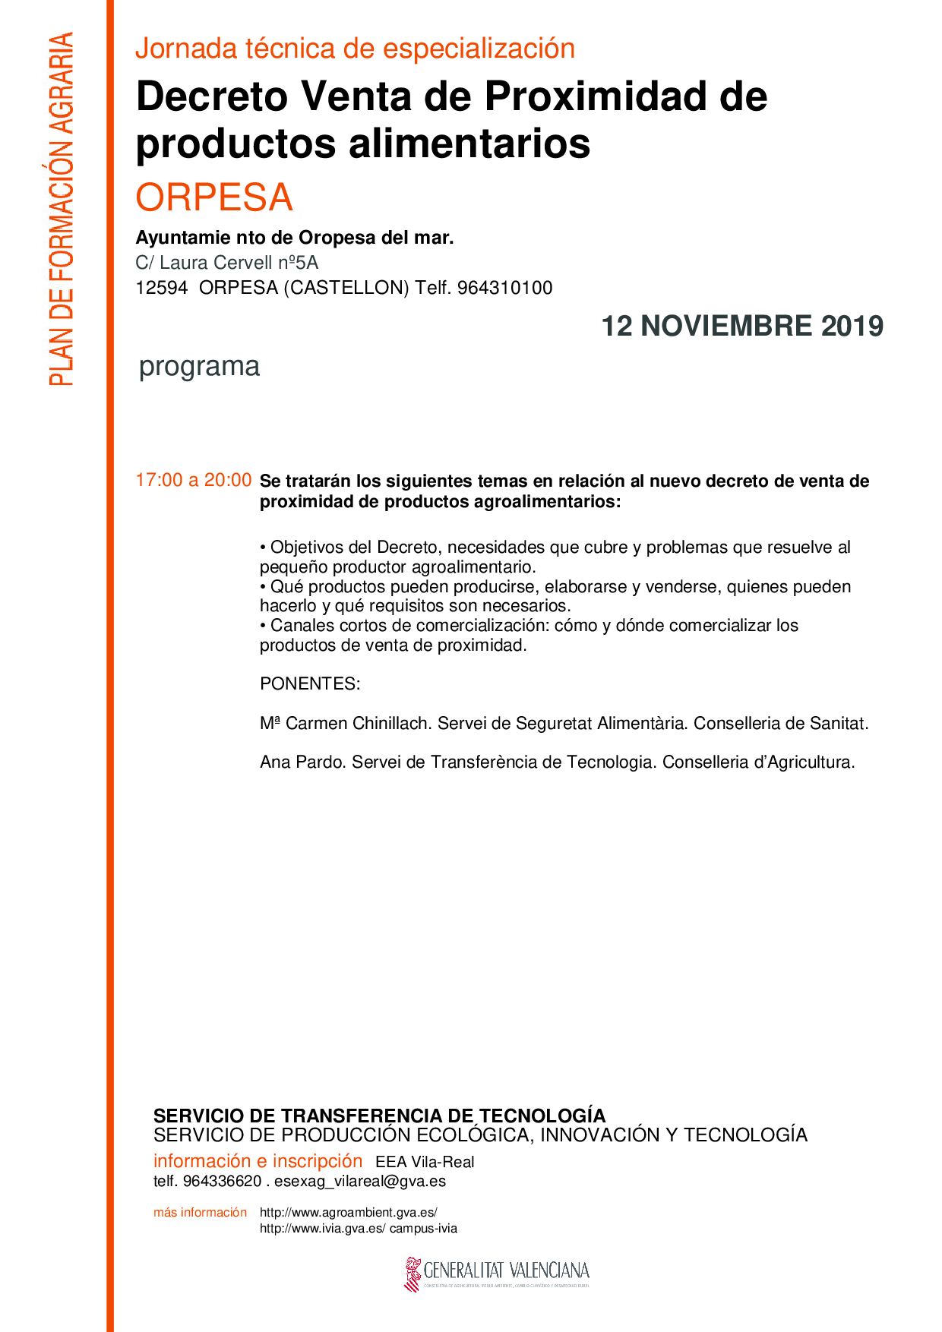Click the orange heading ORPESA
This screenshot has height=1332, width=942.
pyautogui.click(x=214, y=197)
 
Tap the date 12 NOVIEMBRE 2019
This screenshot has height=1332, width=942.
pyautogui.click(x=742, y=326)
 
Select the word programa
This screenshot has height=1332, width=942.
pyautogui.click(x=199, y=366)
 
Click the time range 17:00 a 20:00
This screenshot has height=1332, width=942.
pyautogui.click(x=193, y=480)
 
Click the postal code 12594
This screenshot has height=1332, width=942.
pyautogui.click(x=162, y=289)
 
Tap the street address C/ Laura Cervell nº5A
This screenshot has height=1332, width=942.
pyautogui.click(x=226, y=263)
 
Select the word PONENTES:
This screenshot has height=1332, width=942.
pyautogui.click(x=310, y=683)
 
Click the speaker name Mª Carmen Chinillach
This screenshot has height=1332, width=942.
pyautogui.click(x=346, y=724)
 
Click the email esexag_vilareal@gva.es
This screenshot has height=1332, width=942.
pyautogui.click(x=360, y=1182)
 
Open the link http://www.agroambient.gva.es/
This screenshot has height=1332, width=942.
pyautogui.click(x=349, y=1213)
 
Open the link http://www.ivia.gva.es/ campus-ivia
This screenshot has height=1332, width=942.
pyautogui.click(x=359, y=1229)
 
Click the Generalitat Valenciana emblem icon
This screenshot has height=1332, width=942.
pyautogui.click(x=413, y=1274)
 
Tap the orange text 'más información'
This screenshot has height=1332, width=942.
pyautogui.click(x=200, y=1213)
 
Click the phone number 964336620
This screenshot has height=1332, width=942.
pyautogui.click(x=223, y=1182)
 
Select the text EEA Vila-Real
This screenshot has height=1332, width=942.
pyautogui.click(x=425, y=1162)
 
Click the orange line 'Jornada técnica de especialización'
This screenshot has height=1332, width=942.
pyautogui.click(x=355, y=49)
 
